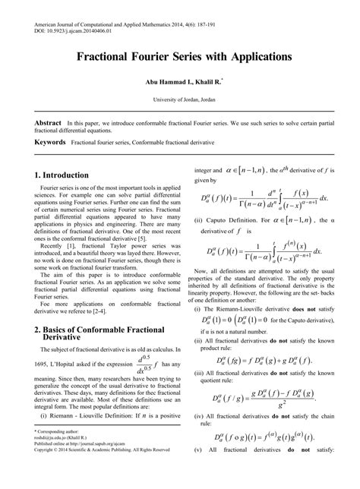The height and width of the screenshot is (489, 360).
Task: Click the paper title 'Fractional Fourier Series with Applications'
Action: [x=180, y=57]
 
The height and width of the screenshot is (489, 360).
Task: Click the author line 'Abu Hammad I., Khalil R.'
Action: [x=179, y=80]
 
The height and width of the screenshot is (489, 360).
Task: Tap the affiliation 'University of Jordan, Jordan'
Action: [x=180, y=99]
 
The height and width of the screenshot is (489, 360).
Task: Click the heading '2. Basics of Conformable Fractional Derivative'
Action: [x=102, y=335]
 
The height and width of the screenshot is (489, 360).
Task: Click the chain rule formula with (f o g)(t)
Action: [x=264, y=436]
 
